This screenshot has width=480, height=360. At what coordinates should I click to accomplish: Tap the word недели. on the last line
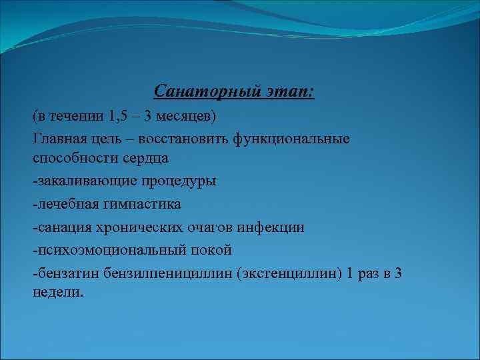tap(59, 293)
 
